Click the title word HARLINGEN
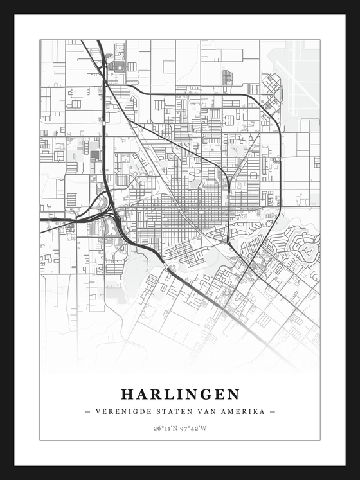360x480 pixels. coord(180,394)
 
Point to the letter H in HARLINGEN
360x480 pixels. coord(127,394)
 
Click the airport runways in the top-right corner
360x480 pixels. coord(296,71)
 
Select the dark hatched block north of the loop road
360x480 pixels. coord(227,77)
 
